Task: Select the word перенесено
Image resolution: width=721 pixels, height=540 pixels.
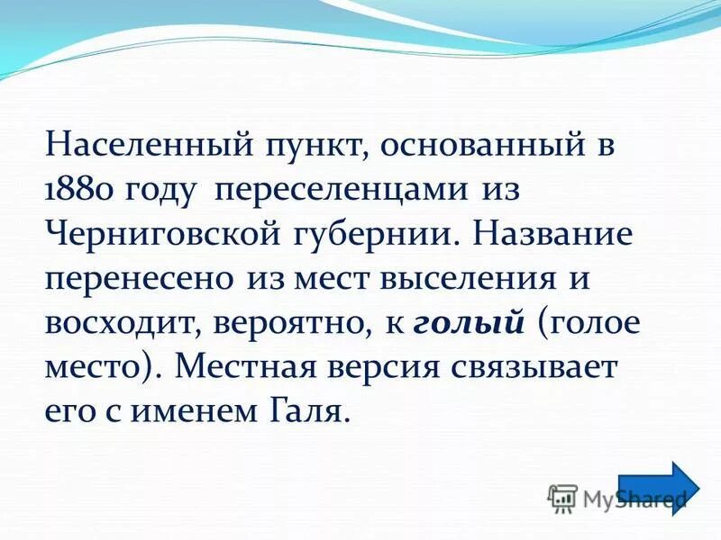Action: [x=141, y=278]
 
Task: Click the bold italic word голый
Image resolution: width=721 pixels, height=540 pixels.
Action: [x=469, y=322]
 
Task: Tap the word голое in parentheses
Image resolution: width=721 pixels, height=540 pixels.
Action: [x=595, y=322]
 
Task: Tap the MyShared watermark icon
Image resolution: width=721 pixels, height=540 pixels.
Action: [x=562, y=498]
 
